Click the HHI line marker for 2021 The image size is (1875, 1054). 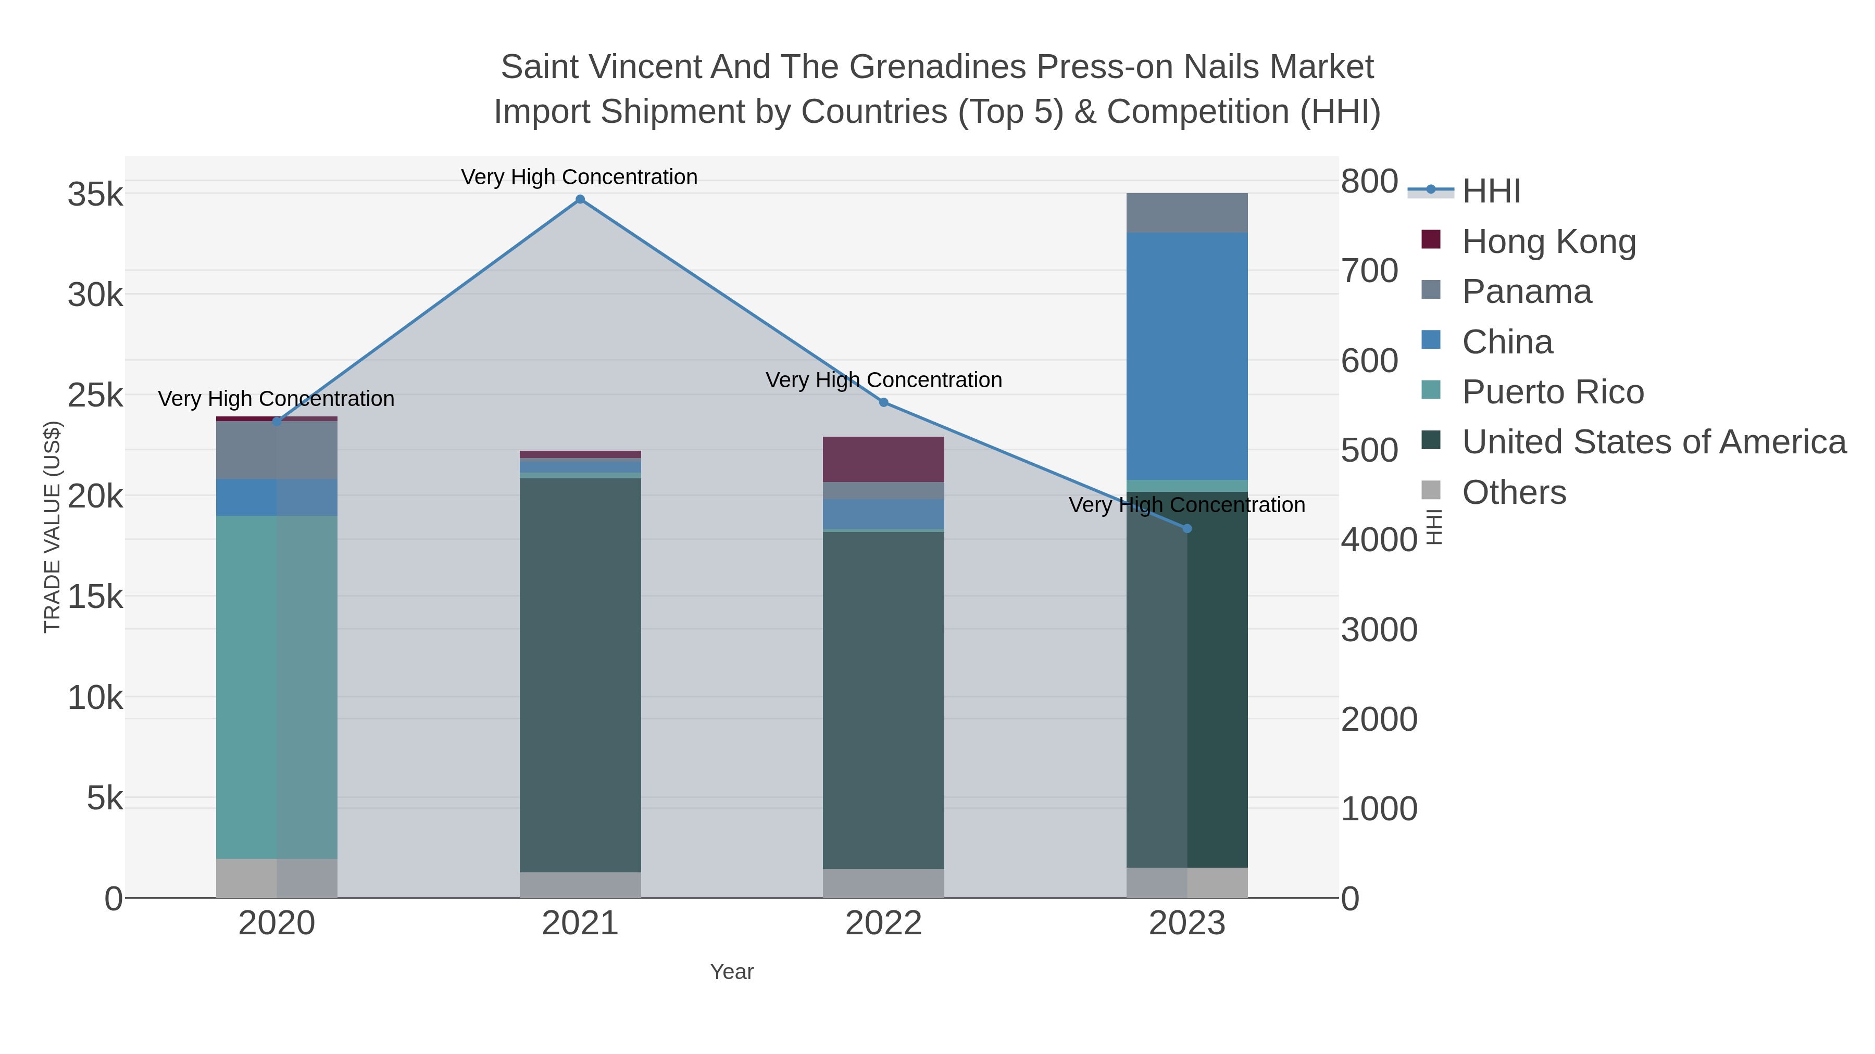pyautogui.click(x=580, y=199)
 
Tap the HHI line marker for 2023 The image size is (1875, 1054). pyautogui.click(x=1187, y=529)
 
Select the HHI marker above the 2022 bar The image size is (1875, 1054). pyautogui.click(x=884, y=402)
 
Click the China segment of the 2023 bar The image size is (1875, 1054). pyautogui.click(x=1187, y=357)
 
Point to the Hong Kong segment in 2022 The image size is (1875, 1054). pyautogui.click(x=884, y=459)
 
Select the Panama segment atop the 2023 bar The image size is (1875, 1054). pyautogui.click(x=1187, y=213)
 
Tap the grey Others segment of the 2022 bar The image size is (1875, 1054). pyautogui.click(x=884, y=883)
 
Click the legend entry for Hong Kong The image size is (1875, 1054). pyautogui.click(x=1548, y=242)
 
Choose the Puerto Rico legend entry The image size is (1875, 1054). pyautogui.click(x=1553, y=392)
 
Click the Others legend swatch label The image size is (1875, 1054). pyautogui.click(x=1514, y=492)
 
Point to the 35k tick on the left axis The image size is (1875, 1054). pyautogui.click(x=95, y=195)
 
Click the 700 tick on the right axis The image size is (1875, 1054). pyautogui.click(x=1369, y=271)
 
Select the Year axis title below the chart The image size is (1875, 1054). pyautogui.click(x=732, y=972)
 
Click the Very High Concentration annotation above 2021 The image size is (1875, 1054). pyautogui.click(x=579, y=177)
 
